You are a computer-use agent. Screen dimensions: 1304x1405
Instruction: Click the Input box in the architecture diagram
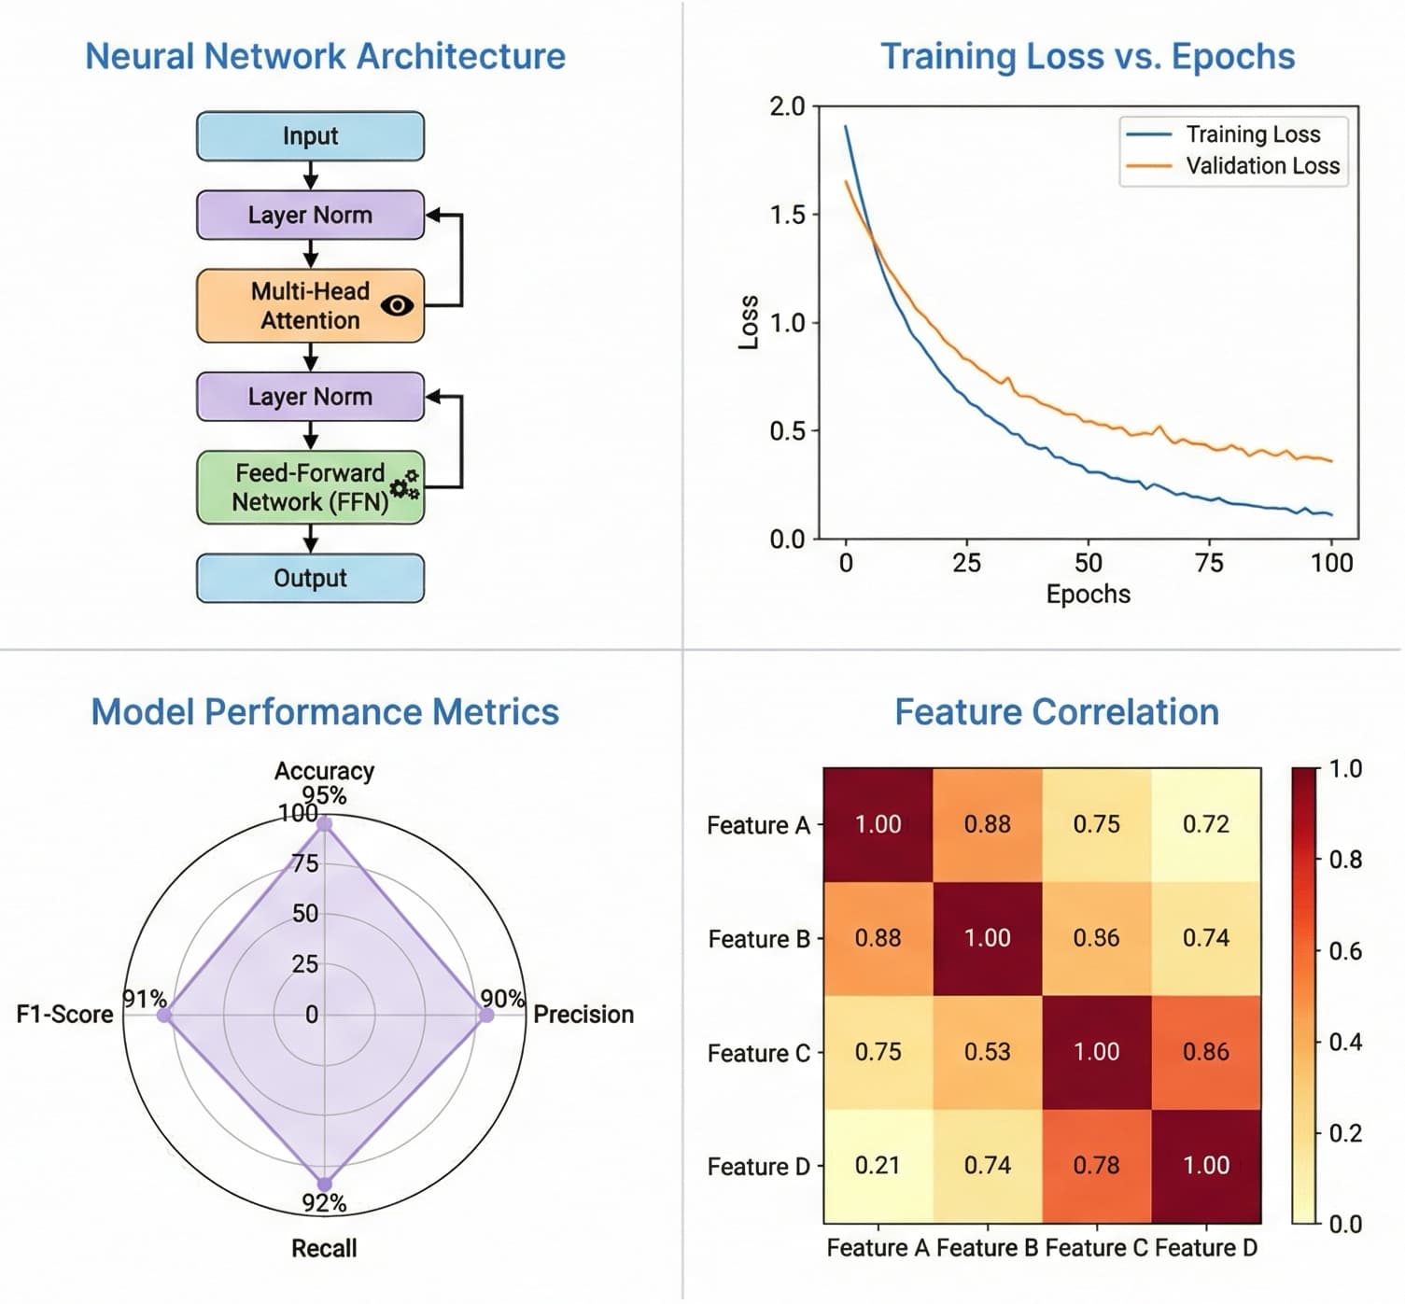point(310,136)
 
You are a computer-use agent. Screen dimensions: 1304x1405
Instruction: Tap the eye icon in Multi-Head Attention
point(397,305)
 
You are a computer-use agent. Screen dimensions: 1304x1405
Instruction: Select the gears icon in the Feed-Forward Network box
point(404,484)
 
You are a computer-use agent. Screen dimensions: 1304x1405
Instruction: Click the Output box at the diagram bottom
point(310,579)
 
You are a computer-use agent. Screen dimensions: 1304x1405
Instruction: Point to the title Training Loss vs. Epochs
point(1087,57)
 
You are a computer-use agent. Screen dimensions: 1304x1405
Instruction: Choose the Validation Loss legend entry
point(1261,166)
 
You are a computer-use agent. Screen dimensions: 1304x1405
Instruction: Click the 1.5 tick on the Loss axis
point(786,215)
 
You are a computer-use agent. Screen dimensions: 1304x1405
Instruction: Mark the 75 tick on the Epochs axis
point(1209,563)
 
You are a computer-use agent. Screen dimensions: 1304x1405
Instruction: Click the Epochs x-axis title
point(1088,595)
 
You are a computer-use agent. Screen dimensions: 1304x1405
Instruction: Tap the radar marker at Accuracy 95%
point(324,824)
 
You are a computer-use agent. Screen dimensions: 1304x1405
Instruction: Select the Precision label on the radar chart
point(583,1015)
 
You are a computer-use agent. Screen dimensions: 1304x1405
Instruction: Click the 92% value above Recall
point(324,1203)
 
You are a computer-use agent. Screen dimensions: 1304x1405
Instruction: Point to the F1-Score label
point(64,1015)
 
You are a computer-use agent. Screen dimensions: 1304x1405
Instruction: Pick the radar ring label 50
point(305,914)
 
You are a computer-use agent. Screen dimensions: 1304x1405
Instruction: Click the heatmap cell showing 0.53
point(987,1053)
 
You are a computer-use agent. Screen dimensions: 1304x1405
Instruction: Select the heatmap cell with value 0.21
point(878,1166)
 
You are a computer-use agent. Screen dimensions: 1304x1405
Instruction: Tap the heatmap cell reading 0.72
point(1205,824)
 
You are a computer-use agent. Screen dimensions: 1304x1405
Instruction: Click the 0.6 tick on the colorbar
point(1344,951)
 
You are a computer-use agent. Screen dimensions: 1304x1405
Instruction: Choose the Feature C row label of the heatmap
point(758,1054)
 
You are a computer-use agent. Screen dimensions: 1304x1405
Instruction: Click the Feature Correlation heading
point(1056,712)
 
